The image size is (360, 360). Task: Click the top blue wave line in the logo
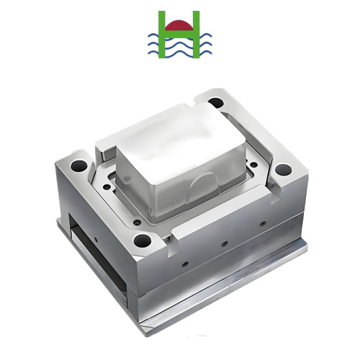click(176, 38)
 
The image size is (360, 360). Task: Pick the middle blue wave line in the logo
click(176, 45)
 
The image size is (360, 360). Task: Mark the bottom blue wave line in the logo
click(176, 53)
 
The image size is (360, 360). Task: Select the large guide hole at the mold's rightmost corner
click(283, 171)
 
